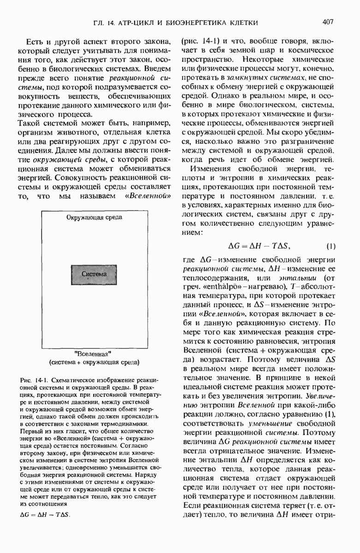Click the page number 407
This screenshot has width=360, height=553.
(x=331, y=22)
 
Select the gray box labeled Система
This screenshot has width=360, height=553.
(x=94, y=275)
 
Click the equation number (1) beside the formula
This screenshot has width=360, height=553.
(x=330, y=246)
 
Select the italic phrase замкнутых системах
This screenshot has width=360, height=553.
(x=253, y=79)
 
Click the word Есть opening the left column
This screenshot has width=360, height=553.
(x=35, y=41)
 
